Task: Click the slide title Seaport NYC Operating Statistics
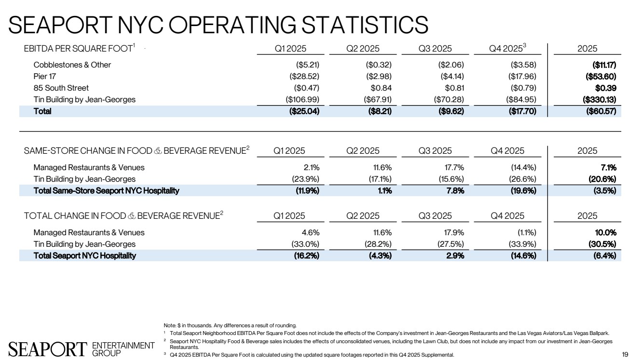click(219, 24)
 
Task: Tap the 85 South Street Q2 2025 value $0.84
click(382, 88)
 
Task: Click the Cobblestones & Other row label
click(72, 65)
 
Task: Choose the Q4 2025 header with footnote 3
click(507, 49)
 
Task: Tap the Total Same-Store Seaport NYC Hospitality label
click(106, 190)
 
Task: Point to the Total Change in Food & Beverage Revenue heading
click(123, 216)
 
